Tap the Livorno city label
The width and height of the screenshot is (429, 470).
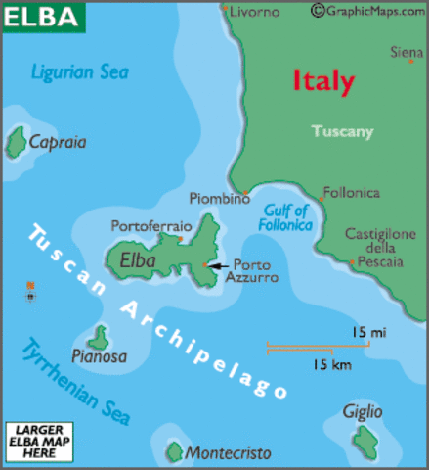click(255, 12)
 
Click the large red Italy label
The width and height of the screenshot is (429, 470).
click(322, 81)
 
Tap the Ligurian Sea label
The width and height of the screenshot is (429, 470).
click(79, 71)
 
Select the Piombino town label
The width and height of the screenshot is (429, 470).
click(219, 198)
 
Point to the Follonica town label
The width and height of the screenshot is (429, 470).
click(352, 193)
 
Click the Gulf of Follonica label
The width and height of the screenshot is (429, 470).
click(285, 217)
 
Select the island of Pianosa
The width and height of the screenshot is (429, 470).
click(97, 339)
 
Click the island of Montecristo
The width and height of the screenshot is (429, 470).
click(174, 451)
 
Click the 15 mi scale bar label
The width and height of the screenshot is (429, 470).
click(368, 333)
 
